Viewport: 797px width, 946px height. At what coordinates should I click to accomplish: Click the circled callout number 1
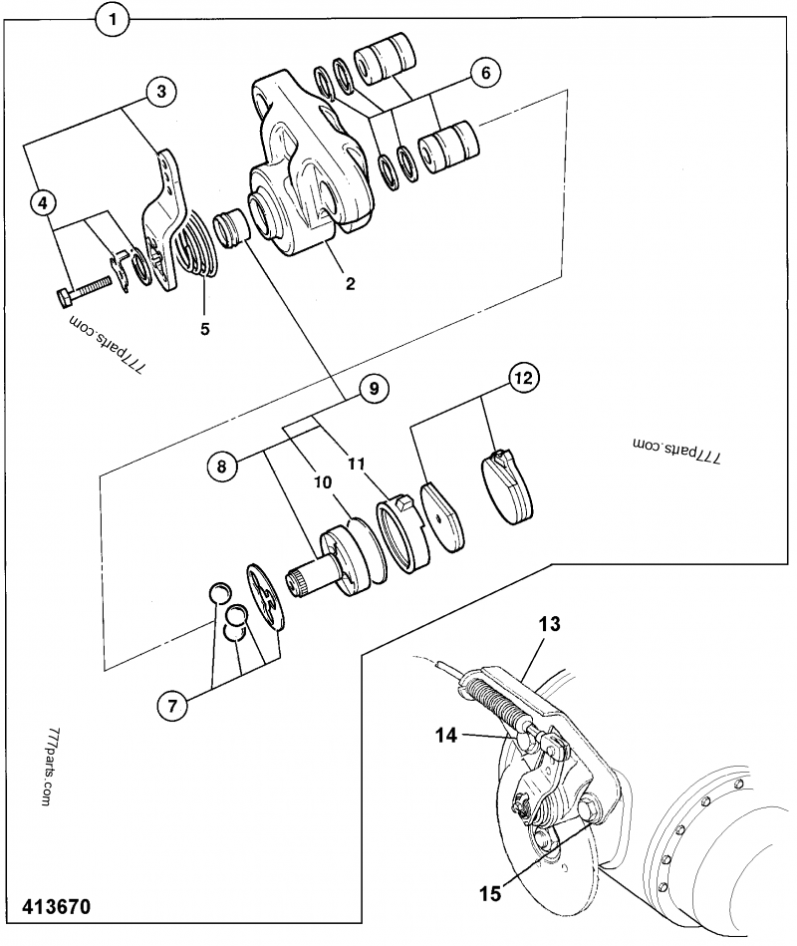[115, 19]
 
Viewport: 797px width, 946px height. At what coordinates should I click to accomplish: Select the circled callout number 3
[161, 92]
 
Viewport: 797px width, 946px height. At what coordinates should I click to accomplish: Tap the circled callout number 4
[41, 202]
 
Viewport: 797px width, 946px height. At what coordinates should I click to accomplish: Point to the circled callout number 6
[485, 72]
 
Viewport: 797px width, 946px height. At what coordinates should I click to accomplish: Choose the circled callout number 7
[171, 707]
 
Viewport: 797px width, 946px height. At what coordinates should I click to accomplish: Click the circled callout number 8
[223, 464]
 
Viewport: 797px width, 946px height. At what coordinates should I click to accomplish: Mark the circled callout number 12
[523, 378]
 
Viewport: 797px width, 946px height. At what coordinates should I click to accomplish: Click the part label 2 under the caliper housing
[350, 283]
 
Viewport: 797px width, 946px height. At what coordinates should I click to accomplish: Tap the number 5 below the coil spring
[204, 327]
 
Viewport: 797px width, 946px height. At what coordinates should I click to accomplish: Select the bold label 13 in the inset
[550, 626]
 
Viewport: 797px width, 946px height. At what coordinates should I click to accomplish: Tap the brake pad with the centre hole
[442, 514]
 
